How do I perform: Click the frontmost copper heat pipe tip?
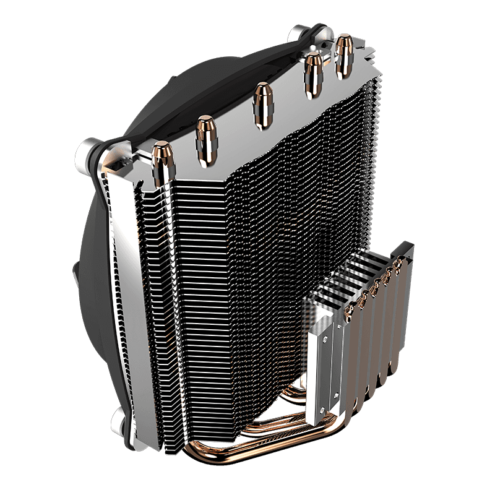coord(161,160)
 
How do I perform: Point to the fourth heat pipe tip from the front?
coord(312,70)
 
